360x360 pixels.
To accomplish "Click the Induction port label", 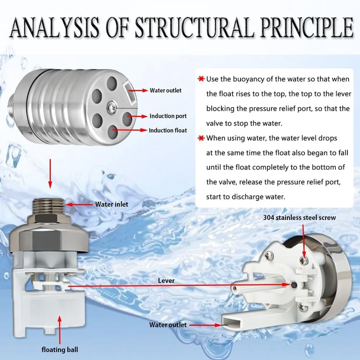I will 168,116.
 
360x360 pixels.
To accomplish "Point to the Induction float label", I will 168,130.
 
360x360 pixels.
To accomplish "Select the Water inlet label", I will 111,204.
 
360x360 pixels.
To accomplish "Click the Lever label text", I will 166,280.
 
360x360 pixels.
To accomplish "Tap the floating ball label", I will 59,349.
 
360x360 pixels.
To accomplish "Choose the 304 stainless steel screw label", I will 299,218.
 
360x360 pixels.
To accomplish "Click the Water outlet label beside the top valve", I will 165,90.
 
